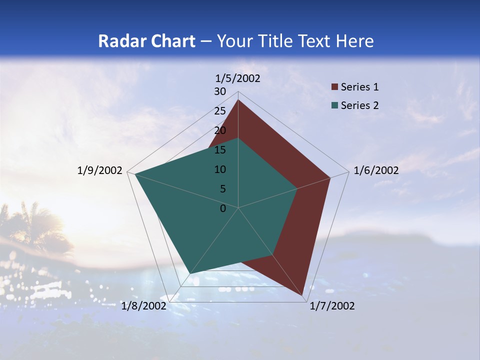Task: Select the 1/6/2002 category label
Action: [376, 170]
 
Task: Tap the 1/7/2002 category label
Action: [332, 306]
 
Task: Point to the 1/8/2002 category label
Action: [143, 306]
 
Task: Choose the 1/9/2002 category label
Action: [100, 170]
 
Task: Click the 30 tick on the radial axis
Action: [220, 91]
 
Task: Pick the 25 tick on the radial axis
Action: [220, 111]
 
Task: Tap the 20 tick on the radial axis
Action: [220, 130]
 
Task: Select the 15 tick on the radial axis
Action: [220, 150]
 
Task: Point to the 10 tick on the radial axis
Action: [220, 169]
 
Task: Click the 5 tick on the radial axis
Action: [222, 189]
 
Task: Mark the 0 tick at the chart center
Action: [223, 208]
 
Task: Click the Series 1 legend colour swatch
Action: [335, 87]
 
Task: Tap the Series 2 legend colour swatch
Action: [335, 105]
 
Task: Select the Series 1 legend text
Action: [359, 87]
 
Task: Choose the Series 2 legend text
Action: [359, 105]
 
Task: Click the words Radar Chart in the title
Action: [146, 41]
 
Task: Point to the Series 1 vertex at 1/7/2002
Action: [303, 296]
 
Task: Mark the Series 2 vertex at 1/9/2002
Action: [135, 174]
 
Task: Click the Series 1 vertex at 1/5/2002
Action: [238, 100]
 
